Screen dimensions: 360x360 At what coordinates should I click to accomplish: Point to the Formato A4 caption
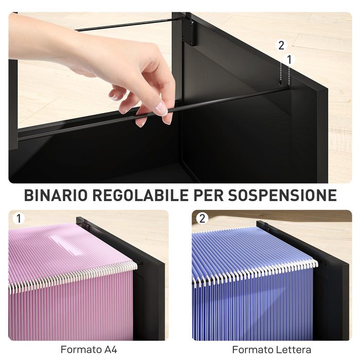coord(88,350)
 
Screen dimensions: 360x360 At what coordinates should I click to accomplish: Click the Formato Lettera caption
coord(272,350)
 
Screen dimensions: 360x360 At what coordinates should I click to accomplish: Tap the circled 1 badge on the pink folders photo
coord(18,219)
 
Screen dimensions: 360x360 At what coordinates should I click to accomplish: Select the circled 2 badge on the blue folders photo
coord(202,219)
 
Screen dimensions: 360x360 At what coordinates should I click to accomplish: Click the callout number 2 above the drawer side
coord(281,45)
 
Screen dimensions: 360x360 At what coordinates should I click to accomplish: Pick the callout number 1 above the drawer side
coord(289,60)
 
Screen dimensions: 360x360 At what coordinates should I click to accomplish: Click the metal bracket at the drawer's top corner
coord(189,32)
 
